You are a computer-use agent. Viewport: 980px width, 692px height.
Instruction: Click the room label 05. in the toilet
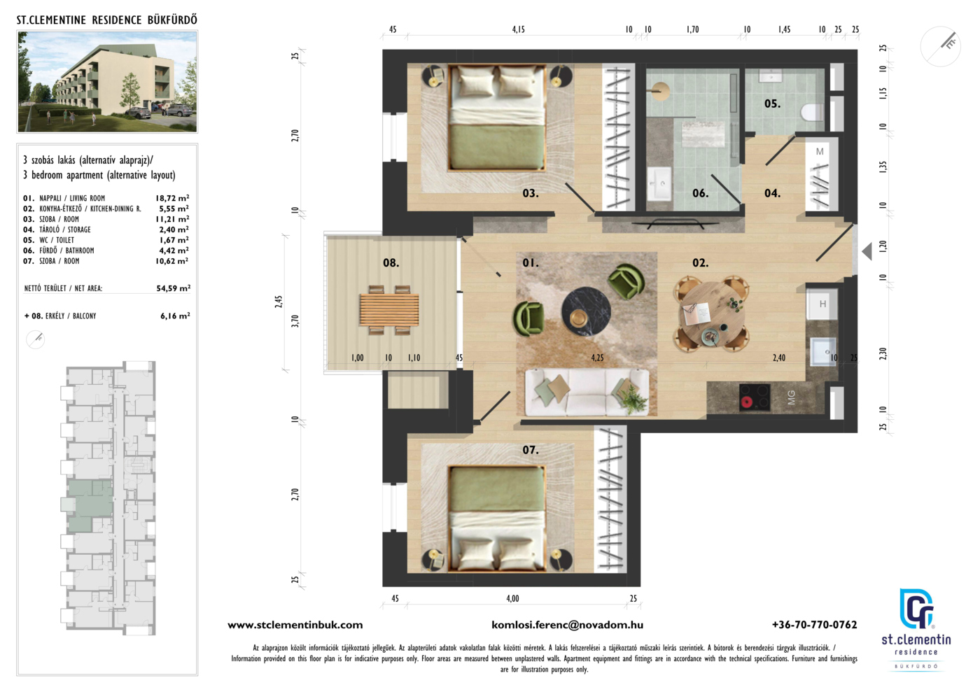[772, 104]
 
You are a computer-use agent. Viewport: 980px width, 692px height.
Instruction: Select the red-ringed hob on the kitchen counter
[755, 397]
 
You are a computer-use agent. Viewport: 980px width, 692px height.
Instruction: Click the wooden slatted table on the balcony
[389, 310]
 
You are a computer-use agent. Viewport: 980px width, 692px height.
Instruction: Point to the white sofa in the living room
[587, 392]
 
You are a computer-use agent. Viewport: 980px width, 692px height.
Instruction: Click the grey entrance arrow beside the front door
[867, 251]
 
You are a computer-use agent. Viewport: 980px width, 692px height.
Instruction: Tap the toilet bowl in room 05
[813, 111]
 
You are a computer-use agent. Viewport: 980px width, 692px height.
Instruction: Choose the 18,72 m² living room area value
[172, 198]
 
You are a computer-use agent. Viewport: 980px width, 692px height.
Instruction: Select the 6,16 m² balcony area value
[175, 316]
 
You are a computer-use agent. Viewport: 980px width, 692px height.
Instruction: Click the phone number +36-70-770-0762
[814, 625]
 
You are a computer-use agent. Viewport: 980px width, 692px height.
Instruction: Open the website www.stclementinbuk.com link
[295, 625]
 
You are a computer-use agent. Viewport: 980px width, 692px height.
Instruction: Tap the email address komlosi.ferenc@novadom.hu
[568, 625]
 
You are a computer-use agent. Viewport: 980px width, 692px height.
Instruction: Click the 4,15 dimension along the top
[519, 29]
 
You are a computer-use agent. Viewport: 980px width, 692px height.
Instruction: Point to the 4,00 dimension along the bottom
[512, 598]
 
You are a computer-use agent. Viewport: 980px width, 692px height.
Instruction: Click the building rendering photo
[107, 82]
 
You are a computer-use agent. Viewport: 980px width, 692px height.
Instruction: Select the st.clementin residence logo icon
[916, 609]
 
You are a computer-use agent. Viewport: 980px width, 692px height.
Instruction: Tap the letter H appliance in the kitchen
[822, 304]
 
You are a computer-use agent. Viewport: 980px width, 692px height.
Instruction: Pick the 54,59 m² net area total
[174, 288]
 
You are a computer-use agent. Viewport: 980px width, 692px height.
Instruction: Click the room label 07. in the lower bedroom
[531, 450]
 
